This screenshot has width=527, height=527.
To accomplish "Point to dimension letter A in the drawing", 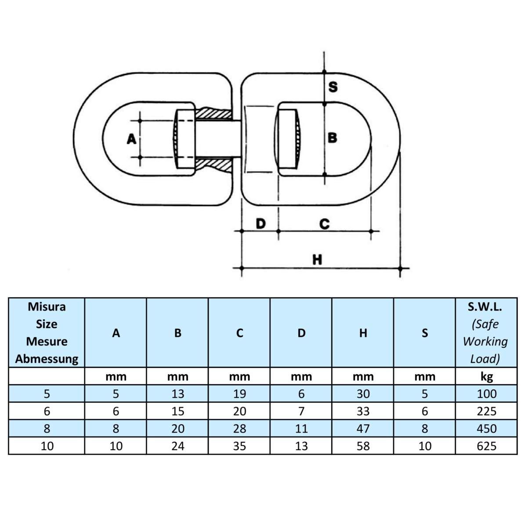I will point(131,139).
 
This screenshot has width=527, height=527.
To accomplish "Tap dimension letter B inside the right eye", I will point(332,138).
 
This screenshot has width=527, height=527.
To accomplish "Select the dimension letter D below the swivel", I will point(260,224).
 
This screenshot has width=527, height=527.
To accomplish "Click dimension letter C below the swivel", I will point(324,224).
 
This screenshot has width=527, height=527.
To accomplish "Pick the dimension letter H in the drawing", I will point(317,260).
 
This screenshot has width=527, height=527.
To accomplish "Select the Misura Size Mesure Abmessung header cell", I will point(47,332).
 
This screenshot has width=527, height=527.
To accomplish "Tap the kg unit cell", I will point(486,376).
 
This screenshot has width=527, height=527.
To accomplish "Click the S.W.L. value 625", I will point(486,446).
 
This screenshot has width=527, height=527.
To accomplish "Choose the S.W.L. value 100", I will point(486,394).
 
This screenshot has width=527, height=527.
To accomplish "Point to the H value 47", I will point(363,429).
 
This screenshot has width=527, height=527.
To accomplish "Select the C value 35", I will point(239,446).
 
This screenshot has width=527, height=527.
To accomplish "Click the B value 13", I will point(177,394).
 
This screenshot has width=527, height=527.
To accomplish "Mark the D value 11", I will point(301,429).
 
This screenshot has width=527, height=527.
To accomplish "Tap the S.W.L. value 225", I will point(486,411).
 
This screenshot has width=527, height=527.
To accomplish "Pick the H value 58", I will point(363,446).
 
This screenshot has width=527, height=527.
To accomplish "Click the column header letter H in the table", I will point(363,333).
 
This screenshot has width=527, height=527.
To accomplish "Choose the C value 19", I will point(239,394).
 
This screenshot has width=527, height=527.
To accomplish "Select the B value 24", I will point(177,446).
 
